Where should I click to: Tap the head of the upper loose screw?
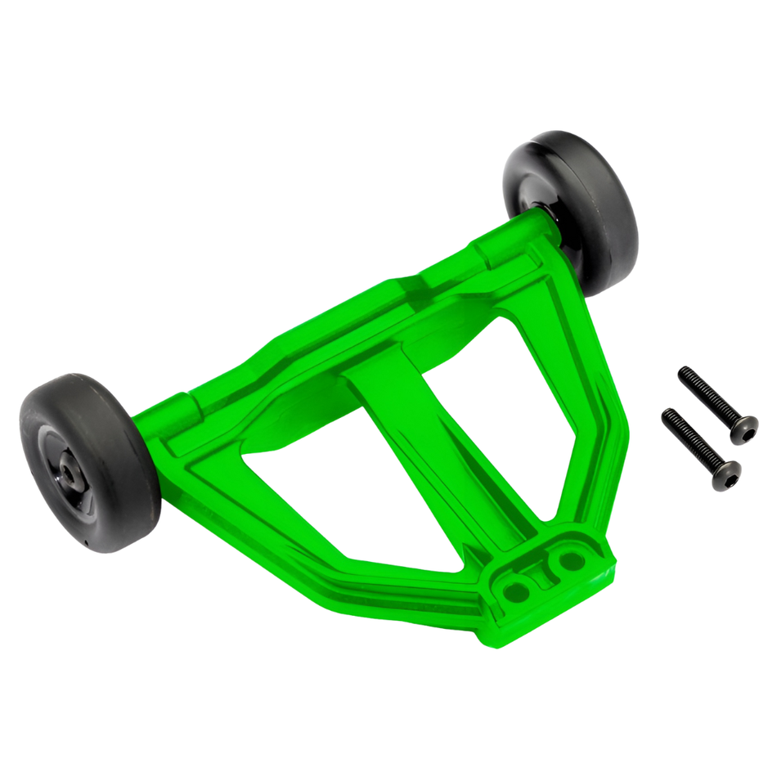[744, 427]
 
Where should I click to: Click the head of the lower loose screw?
[727, 473]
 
